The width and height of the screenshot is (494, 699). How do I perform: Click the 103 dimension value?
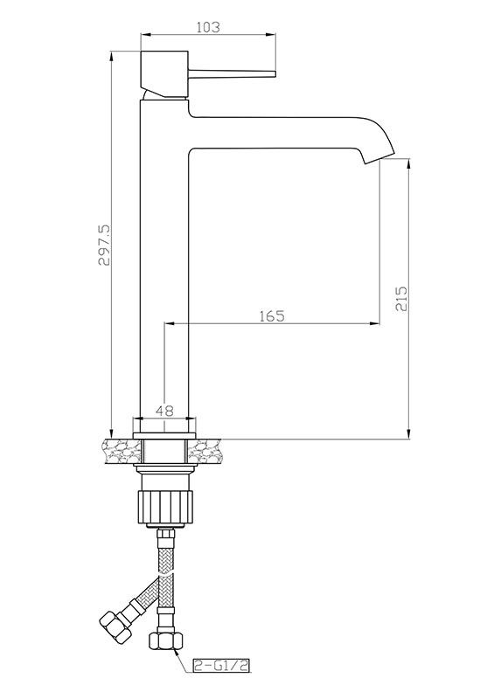click(x=208, y=27)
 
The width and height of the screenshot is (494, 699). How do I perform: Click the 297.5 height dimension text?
click(x=104, y=246)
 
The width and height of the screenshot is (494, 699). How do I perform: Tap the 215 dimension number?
click(x=401, y=299)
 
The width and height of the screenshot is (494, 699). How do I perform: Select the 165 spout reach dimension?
click(x=272, y=315)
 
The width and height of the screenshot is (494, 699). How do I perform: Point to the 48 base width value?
click(x=165, y=410)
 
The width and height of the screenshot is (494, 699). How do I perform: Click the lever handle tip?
click(x=275, y=74)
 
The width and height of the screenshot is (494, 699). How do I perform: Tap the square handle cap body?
click(x=164, y=73)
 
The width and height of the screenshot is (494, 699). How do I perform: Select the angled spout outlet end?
click(x=379, y=158)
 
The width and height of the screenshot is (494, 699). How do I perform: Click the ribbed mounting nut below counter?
click(x=164, y=509)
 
